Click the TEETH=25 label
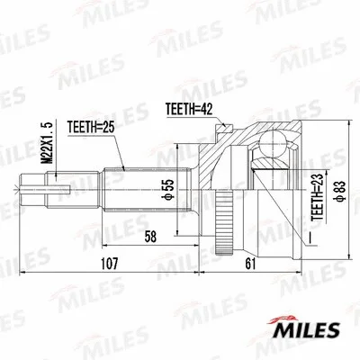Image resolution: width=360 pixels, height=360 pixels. coord(90,129)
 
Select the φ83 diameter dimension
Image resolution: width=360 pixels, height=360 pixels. coord(337,186)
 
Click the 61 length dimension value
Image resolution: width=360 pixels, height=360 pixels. coord(249,265)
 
